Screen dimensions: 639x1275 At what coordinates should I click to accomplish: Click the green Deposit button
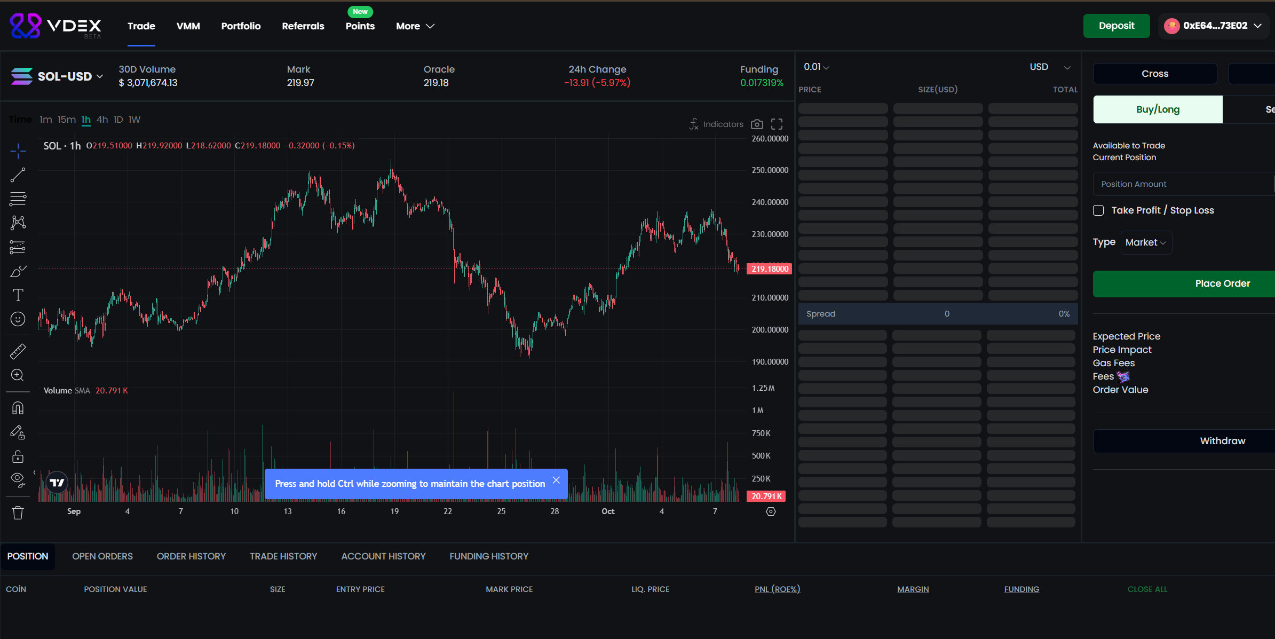pyautogui.click(x=1116, y=26)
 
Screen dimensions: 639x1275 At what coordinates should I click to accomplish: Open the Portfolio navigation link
pyautogui.click(x=241, y=26)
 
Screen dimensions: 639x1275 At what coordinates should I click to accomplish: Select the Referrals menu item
pyautogui.click(x=303, y=26)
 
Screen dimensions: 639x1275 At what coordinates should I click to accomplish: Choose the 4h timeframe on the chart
pyautogui.click(x=102, y=120)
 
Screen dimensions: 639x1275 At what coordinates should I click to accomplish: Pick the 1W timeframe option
pyautogui.click(x=134, y=120)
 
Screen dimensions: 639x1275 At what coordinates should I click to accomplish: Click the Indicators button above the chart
pyautogui.click(x=716, y=124)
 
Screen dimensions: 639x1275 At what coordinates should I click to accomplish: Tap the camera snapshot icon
pyautogui.click(x=757, y=124)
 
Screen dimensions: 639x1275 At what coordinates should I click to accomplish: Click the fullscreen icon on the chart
pyautogui.click(x=777, y=124)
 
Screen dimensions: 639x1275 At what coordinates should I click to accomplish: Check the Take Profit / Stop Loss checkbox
pyautogui.click(x=1098, y=210)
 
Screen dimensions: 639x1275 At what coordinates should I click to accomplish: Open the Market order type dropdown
pyautogui.click(x=1145, y=242)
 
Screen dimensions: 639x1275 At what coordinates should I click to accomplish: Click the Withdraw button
pyautogui.click(x=1222, y=441)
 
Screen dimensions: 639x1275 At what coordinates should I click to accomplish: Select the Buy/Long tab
pyautogui.click(x=1158, y=109)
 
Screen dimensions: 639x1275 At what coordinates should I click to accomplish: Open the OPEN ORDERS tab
pyautogui.click(x=102, y=556)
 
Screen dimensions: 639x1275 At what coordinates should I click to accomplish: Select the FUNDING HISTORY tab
pyautogui.click(x=488, y=556)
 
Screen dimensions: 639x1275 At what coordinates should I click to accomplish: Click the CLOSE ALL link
pyautogui.click(x=1147, y=589)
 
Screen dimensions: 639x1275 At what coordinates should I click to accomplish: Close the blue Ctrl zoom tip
pyautogui.click(x=556, y=480)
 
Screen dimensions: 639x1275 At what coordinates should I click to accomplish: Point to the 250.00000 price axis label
pyautogui.click(x=770, y=170)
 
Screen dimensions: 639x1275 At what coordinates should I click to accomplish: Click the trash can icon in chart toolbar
pyautogui.click(x=18, y=513)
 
